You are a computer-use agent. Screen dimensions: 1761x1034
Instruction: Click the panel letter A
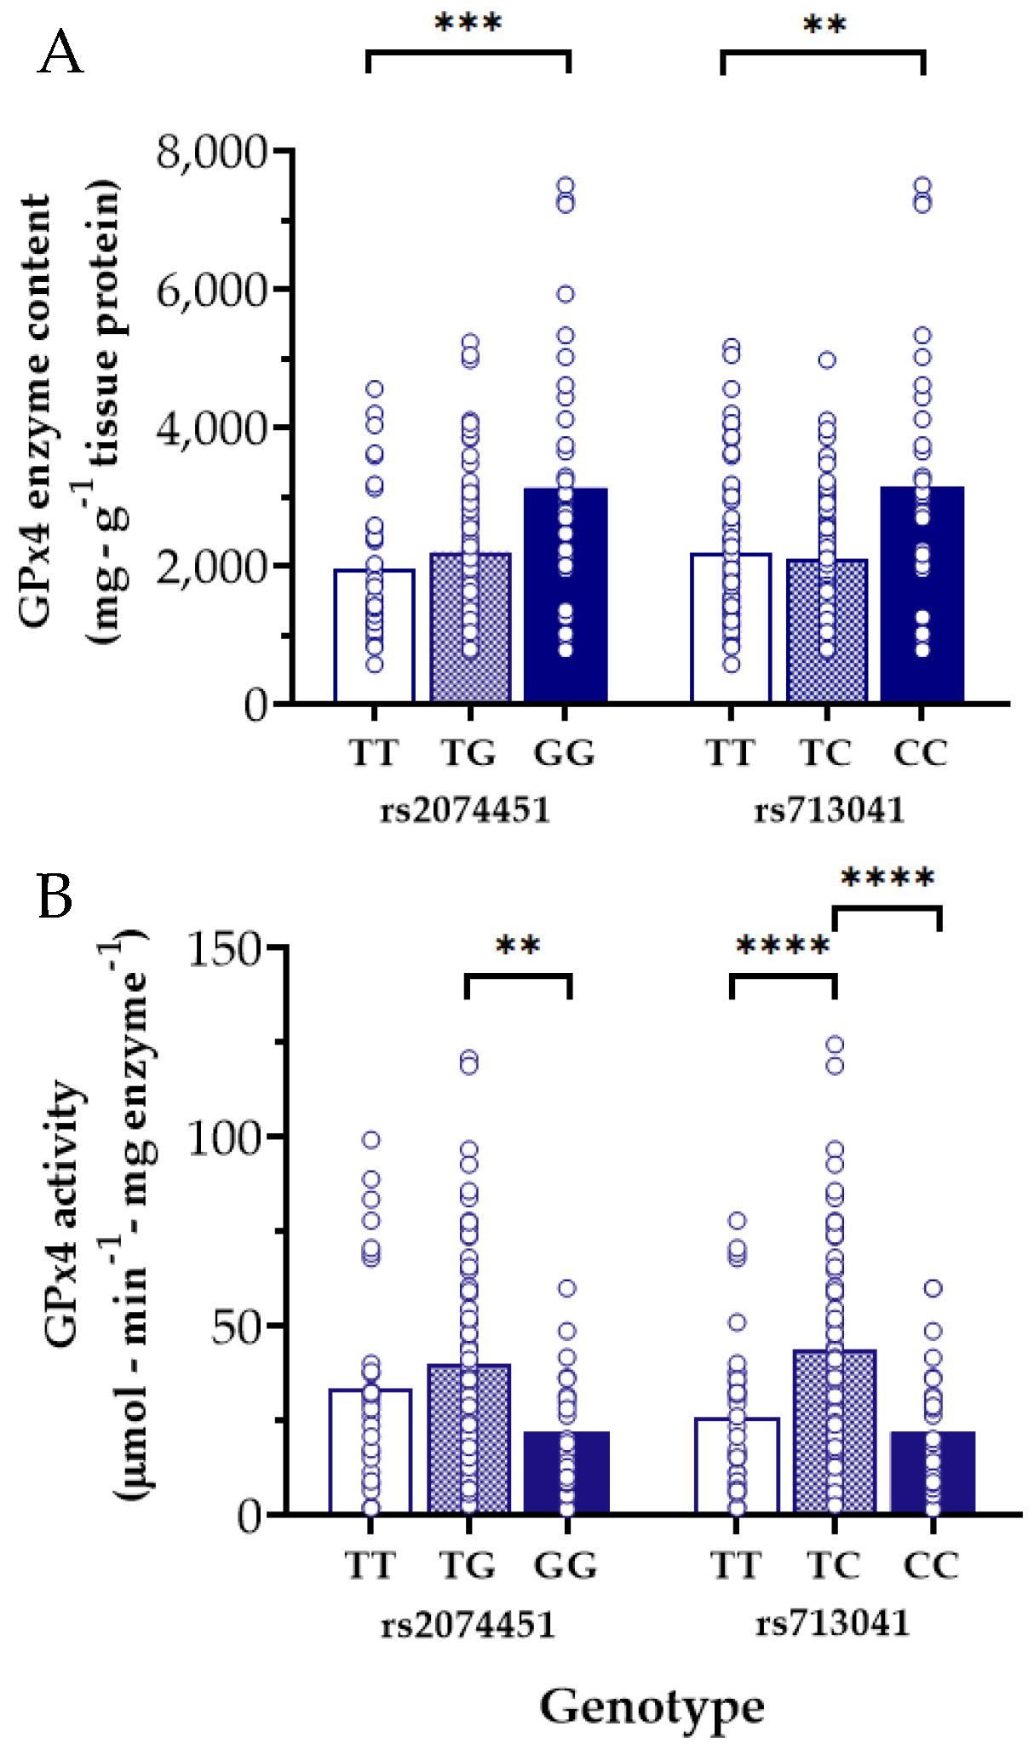[x=60, y=54]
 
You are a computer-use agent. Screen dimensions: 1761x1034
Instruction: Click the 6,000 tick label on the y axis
[x=211, y=291]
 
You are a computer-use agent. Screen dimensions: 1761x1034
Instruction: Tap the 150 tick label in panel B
[x=223, y=949]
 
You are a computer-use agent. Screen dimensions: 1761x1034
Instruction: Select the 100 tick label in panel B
[x=223, y=1138]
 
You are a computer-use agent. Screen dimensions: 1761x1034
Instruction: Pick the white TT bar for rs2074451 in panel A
[x=375, y=639]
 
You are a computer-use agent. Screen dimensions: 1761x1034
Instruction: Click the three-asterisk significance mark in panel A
[x=468, y=23]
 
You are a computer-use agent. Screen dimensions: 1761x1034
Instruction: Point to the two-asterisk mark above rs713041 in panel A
[x=824, y=25]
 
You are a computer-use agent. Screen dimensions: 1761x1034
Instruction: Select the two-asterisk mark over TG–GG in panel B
[x=518, y=946]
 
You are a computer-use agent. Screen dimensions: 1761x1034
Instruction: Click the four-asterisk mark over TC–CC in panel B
[x=888, y=878]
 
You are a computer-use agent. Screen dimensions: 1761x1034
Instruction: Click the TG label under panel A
[x=468, y=753]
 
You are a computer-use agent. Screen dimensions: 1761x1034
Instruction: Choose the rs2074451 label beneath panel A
[x=465, y=809]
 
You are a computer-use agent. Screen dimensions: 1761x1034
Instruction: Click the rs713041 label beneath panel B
[x=832, y=1623]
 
